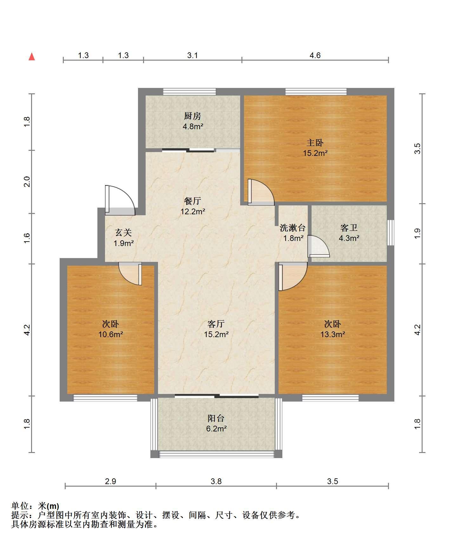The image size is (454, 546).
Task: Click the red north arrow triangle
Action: tap(32, 57)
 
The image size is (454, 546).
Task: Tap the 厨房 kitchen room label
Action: tap(193, 116)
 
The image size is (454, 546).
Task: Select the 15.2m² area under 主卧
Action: tap(315, 153)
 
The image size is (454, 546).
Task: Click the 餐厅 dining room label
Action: tap(193, 201)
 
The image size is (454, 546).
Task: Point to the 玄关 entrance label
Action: tap(123, 233)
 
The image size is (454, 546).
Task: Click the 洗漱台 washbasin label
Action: tap(293, 228)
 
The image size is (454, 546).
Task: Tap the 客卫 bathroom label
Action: tap(349, 228)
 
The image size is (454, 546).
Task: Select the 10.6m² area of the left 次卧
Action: tap(110, 334)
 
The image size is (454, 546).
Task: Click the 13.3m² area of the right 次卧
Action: tap(332, 334)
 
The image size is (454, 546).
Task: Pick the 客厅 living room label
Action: tap(216, 324)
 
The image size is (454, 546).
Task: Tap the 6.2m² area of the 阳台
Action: tap(216, 429)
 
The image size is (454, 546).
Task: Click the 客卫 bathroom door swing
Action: tap(319, 246)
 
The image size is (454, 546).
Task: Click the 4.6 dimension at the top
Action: tap(315, 56)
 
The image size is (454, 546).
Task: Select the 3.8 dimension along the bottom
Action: tap(216, 482)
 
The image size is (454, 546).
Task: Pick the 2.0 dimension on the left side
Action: tap(27, 182)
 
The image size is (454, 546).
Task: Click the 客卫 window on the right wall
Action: tap(391, 232)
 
